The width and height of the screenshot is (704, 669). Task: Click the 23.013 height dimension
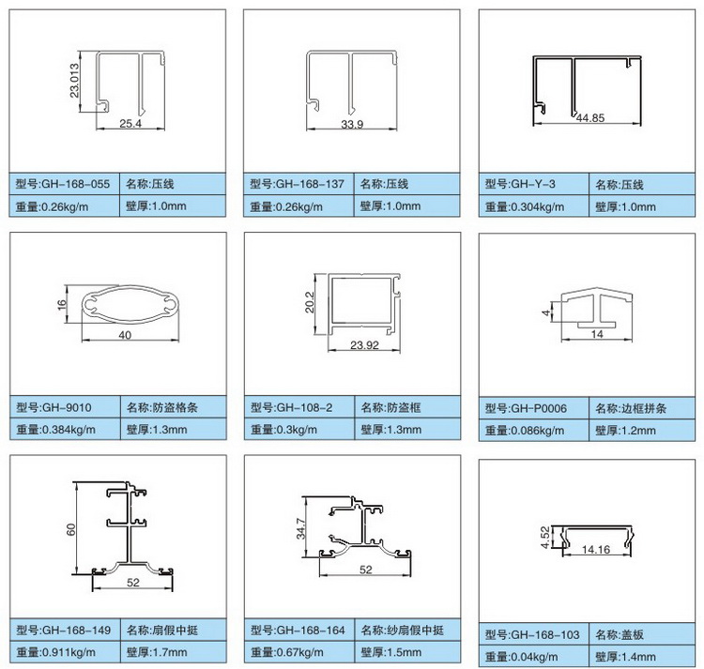[74, 81]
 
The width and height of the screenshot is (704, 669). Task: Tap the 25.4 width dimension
[130, 124]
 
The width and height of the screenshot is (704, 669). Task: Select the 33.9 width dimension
[352, 124]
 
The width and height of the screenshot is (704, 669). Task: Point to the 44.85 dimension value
[590, 118]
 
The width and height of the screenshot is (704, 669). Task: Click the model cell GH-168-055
[64, 184]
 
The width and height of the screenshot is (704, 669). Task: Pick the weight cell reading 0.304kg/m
[534, 206]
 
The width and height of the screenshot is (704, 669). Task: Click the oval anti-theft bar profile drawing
[130, 304]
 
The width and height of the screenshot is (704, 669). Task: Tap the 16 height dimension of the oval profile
[62, 304]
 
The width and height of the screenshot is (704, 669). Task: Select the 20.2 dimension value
[310, 302]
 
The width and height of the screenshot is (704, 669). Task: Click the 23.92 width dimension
[364, 345]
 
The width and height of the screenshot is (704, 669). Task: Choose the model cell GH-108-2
[299, 407]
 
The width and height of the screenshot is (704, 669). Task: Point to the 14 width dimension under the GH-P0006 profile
[597, 334]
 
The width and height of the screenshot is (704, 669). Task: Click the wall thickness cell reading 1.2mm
[642, 431]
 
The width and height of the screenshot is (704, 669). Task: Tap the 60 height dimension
[71, 529]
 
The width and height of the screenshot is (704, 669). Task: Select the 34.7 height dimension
[300, 528]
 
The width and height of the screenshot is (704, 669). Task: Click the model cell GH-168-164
[299, 630]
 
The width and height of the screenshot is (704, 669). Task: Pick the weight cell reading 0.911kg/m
[65, 652]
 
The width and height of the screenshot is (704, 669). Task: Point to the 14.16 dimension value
[596, 549]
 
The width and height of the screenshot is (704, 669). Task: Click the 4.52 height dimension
[545, 537]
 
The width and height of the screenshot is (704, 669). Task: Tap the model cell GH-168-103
[534, 634]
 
